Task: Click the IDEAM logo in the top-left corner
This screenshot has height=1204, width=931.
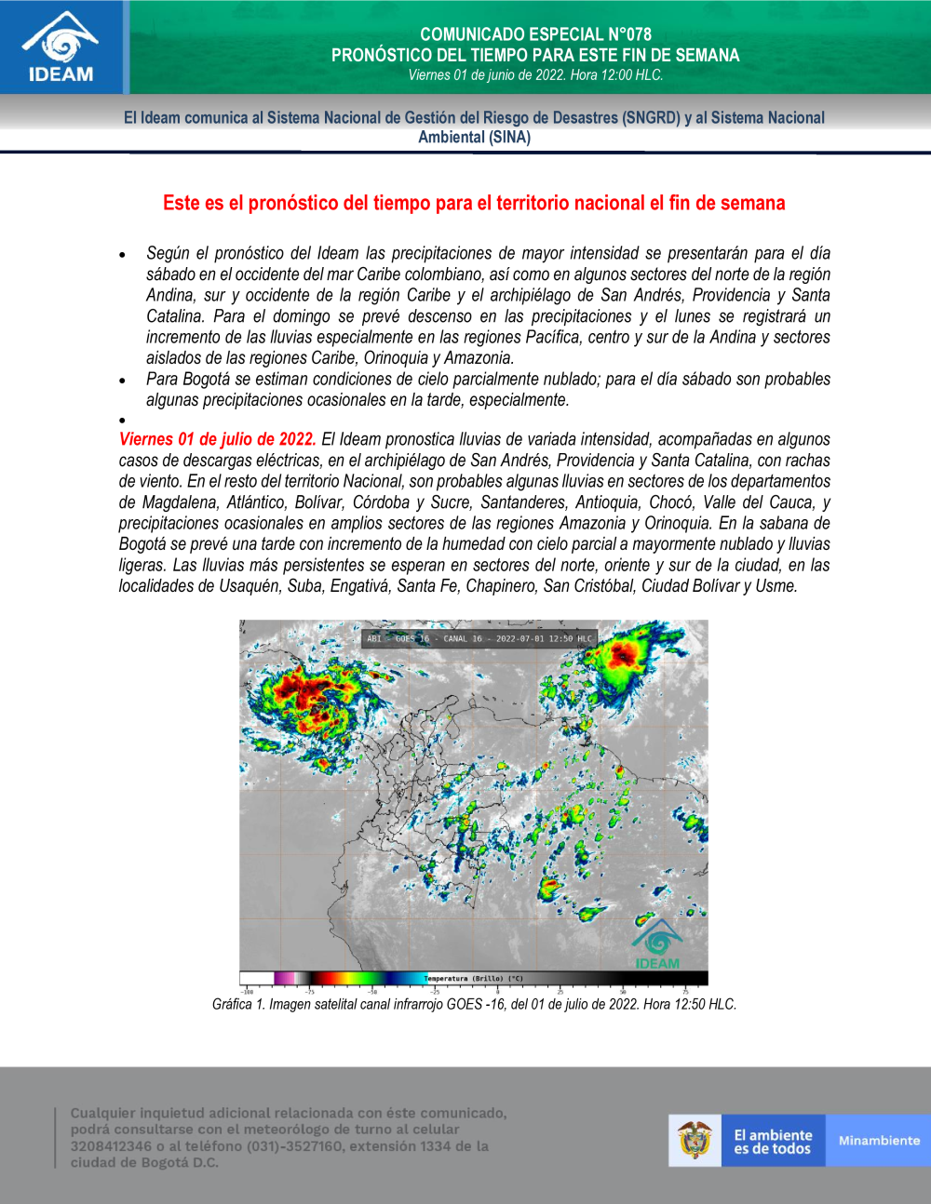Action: [x=61, y=47]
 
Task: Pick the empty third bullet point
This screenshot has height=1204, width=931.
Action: [x=122, y=421]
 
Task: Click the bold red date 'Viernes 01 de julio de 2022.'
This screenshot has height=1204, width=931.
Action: [x=217, y=439]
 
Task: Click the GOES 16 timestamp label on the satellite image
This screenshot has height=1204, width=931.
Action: [x=479, y=639]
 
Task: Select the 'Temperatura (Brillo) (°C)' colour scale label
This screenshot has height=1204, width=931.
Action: [x=474, y=979]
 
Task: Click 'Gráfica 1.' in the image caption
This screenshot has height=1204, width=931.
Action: [x=238, y=1005]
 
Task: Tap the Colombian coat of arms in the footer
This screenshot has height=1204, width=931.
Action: [x=695, y=1140]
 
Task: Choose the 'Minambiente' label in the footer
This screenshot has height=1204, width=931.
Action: [x=879, y=1141]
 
